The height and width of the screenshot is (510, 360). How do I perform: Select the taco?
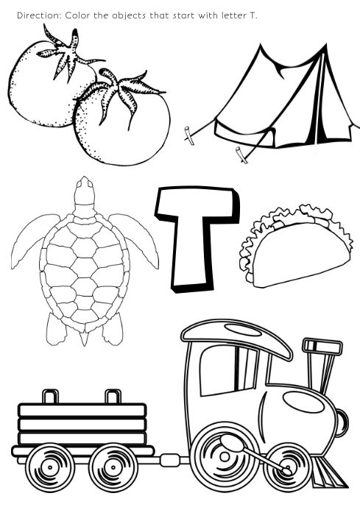[295, 247]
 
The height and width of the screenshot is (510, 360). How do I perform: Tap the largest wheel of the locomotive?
[225, 456]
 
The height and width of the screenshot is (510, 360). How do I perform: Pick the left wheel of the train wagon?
[50, 467]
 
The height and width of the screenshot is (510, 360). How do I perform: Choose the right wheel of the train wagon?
[113, 467]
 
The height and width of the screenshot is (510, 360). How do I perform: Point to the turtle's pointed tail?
[85, 338]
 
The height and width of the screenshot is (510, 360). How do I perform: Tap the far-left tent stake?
[188, 133]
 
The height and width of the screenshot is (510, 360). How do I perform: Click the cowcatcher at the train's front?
[327, 472]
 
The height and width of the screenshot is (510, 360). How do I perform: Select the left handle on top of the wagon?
[51, 397]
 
